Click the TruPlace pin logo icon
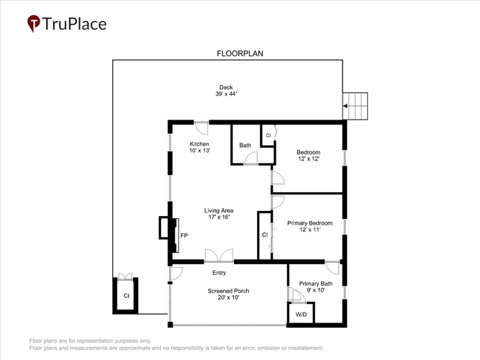coord(34,23)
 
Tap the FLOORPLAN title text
coord(240,53)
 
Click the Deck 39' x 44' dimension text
coord(226,94)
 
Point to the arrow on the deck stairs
coord(345,106)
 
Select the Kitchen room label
coord(199,144)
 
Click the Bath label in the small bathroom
coord(245,145)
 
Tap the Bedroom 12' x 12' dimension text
coord(309,158)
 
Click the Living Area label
coord(219,210)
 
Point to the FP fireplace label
coord(184,235)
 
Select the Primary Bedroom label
coord(309,223)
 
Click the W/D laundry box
coord(301,312)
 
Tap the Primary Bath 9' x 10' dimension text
coord(316,290)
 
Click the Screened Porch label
coord(228,291)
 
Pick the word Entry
coord(219,273)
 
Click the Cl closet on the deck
coord(125,295)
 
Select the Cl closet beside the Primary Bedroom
coord(265,235)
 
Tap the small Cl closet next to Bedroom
coord(268,135)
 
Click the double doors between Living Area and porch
coord(219,256)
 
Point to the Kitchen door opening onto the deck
coord(201,127)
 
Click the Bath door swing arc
coord(250,158)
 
